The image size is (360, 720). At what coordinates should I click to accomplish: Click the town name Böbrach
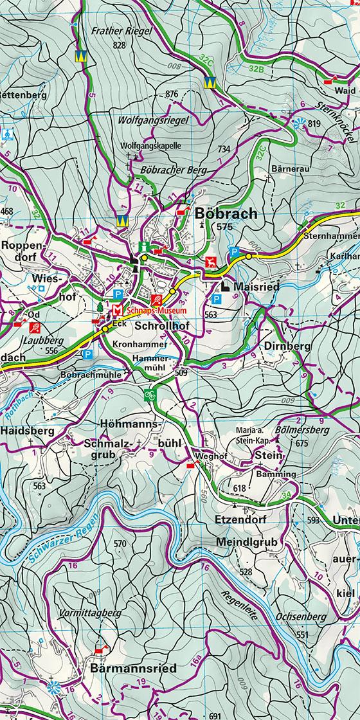pos(225,213)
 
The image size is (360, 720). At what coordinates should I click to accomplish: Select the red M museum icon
pos(117,310)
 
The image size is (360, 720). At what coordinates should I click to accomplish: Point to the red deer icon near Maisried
pos(210,262)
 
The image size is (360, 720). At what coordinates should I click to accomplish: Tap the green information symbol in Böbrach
pos(147,246)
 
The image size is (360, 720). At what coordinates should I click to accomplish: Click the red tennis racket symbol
pos(155,300)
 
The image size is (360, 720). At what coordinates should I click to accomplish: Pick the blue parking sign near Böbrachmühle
pos(87,354)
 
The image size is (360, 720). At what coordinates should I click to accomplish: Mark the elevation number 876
pos(171,94)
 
